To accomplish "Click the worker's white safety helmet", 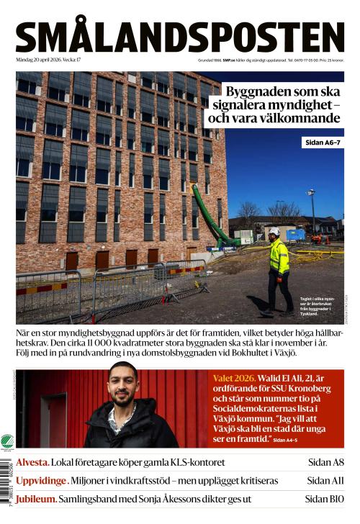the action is pyautogui.click(x=274, y=232).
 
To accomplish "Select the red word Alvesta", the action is pyautogui.click(x=32, y=463).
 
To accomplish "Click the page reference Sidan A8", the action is pyautogui.click(x=325, y=463).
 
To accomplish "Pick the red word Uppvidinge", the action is pyautogui.click(x=42, y=481).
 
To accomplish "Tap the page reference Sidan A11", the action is pyautogui.click(x=325, y=481).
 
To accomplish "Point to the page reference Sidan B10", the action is pyautogui.click(x=324, y=499).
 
